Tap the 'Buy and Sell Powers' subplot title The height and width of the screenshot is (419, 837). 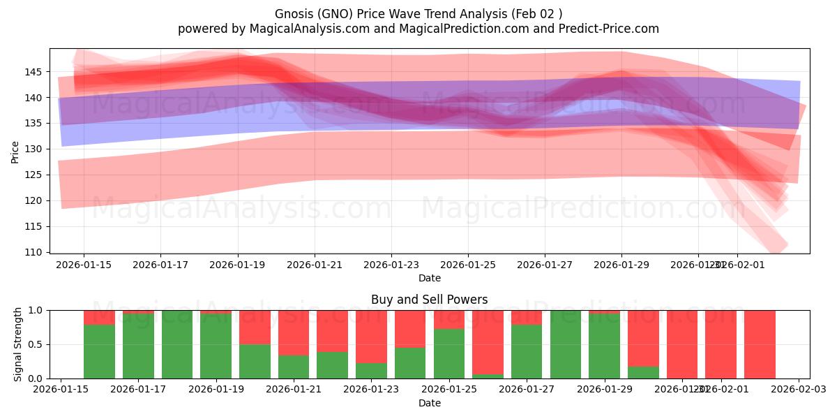pyautogui.click(x=429, y=300)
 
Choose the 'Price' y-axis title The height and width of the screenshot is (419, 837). pyautogui.click(x=15, y=151)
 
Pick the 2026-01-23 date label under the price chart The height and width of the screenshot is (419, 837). pyautogui.click(x=391, y=265)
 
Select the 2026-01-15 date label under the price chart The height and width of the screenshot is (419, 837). pyautogui.click(x=84, y=265)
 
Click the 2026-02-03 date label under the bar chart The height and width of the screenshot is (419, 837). pyautogui.click(x=799, y=390)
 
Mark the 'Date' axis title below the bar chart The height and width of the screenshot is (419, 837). pyautogui.click(x=429, y=403)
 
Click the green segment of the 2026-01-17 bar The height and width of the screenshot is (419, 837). pyautogui.click(x=138, y=346)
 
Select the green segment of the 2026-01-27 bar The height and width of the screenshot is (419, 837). pyautogui.click(x=527, y=351)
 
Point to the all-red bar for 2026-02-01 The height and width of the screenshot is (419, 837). pyautogui.click(x=721, y=344)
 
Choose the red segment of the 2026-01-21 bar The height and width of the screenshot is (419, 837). pyautogui.click(x=294, y=332)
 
